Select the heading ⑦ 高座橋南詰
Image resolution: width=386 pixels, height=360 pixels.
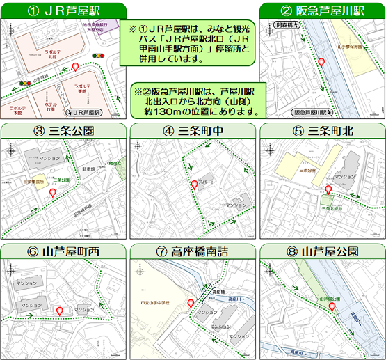click(193, 251)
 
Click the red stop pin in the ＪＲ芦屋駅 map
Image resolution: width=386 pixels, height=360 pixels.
click(76, 67)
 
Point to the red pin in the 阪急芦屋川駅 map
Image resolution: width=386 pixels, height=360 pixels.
click(321, 63)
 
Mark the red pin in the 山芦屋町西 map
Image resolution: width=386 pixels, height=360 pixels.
click(60, 311)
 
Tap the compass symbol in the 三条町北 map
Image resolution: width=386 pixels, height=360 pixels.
click(268, 149)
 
